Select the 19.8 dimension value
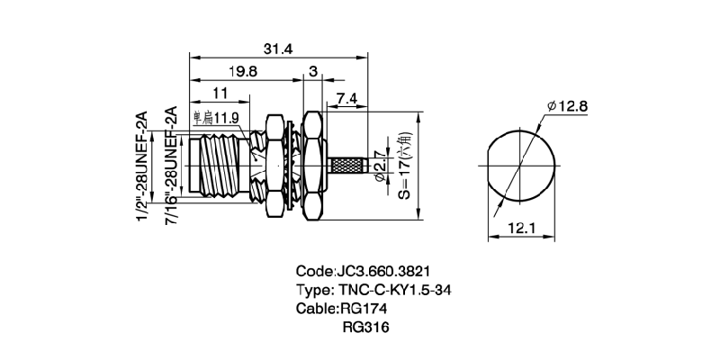[239, 70]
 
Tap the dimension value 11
[219, 93]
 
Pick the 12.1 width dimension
[519, 229]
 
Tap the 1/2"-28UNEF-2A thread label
[140, 167]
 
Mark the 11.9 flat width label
[216, 118]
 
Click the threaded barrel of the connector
[220, 166]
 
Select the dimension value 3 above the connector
[312, 70]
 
